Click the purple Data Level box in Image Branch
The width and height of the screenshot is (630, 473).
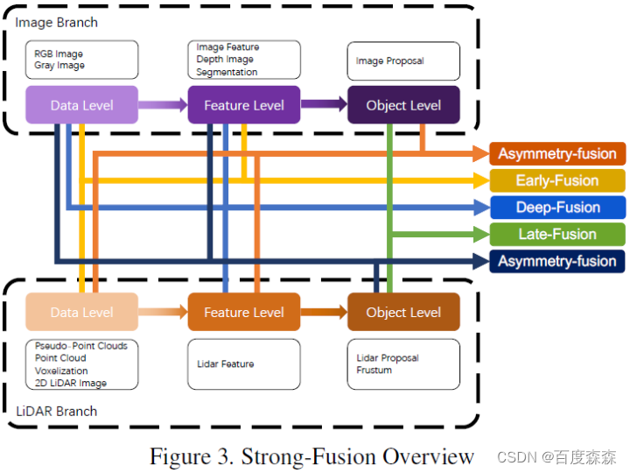click(81, 105)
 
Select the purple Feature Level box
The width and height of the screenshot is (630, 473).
click(244, 105)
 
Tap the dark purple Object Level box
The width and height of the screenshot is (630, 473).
click(403, 105)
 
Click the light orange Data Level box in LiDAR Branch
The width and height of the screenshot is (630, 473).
click(81, 312)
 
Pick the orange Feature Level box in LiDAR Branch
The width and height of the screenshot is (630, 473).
click(244, 312)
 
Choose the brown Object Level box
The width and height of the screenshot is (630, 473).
click(403, 312)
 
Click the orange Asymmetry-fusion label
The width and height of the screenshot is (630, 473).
click(557, 154)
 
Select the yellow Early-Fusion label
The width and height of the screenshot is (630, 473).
click(557, 180)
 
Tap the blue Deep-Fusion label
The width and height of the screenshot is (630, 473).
click(557, 208)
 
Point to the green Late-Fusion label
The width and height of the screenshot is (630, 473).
click(557, 234)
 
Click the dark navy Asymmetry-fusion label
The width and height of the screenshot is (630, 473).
click(557, 261)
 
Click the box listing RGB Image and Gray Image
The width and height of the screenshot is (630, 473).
click(81, 60)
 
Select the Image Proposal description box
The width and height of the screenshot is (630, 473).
click(403, 61)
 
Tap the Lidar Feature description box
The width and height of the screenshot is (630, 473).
click(244, 364)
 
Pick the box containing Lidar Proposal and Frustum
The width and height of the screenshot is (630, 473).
click(403, 364)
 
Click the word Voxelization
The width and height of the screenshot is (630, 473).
click(61, 371)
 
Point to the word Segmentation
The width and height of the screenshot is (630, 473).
click(227, 72)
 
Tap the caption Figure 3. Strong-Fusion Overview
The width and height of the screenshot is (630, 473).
click(311, 456)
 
